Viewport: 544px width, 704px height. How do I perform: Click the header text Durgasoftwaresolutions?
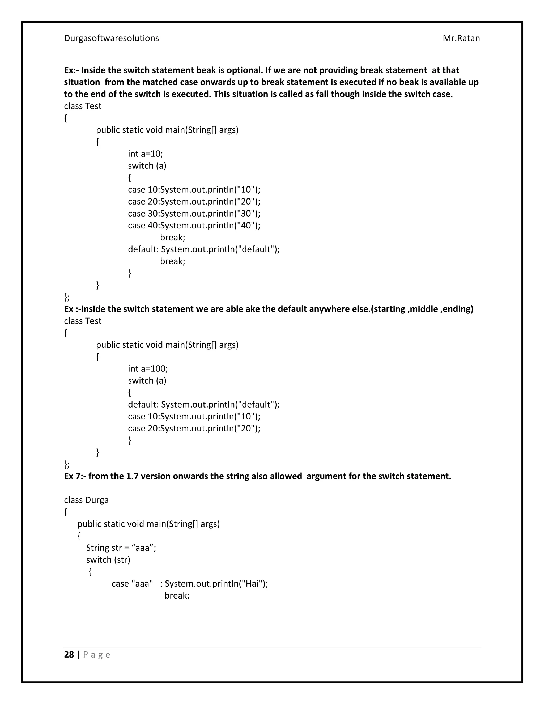(x=111, y=38)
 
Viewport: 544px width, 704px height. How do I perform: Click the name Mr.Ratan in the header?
(x=461, y=38)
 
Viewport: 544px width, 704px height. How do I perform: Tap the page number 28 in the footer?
(x=69, y=654)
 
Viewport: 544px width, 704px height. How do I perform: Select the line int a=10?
(x=145, y=154)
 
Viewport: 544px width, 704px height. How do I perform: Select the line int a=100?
(x=148, y=368)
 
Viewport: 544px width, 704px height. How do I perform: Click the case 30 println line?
(x=194, y=213)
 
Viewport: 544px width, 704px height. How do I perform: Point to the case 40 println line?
(x=194, y=225)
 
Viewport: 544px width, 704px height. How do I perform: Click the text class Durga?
(x=86, y=500)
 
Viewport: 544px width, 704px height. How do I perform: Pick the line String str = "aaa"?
(x=121, y=548)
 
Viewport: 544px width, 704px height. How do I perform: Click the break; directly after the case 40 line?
(x=172, y=237)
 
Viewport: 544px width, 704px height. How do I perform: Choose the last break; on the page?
(x=177, y=595)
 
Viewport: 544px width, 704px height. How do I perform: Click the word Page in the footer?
(x=96, y=655)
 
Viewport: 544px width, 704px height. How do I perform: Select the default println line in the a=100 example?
(x=204, y=404)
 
